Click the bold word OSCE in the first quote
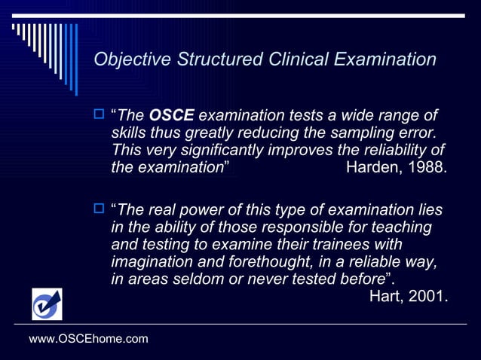pos(173,116)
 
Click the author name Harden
pos(373,167)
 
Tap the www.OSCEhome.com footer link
pos(88,340)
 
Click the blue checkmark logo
pos(47,304)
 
